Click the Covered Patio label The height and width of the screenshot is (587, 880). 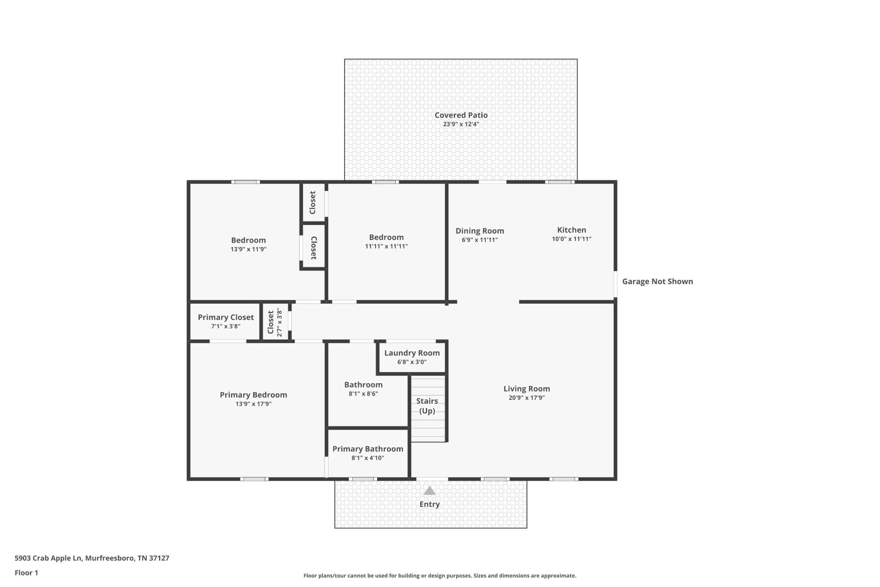click(461, 115)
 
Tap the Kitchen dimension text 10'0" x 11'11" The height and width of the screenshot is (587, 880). click(571, 239)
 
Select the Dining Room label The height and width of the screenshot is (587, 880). click(480, 231)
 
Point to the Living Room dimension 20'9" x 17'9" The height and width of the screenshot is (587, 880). click(527, 398)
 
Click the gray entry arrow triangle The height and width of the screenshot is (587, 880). click(430, 491)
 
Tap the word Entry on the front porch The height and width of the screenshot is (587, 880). click(430, 504)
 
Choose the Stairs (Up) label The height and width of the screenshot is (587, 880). click(427, 406)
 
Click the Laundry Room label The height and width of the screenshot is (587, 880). click(412, 353)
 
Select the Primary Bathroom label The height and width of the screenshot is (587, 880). click(368, 449)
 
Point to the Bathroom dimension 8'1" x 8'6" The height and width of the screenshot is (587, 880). click(364, 394)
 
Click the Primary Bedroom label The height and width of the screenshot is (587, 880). click(254, 395)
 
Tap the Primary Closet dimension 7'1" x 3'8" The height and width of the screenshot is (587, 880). click(226, 326)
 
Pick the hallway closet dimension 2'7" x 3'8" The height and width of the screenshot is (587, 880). click(280, 323)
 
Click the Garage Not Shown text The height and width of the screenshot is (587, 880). click(657, 281)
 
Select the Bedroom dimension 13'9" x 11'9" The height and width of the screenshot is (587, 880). click(248, 249)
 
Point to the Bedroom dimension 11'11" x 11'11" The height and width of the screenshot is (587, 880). click(386, 246)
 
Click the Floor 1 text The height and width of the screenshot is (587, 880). click(26, 573)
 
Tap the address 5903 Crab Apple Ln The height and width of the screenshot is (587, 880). click(48, 558)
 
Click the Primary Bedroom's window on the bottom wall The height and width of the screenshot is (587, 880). click(254, 479)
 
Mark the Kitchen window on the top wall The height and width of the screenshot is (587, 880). click(560, 182)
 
